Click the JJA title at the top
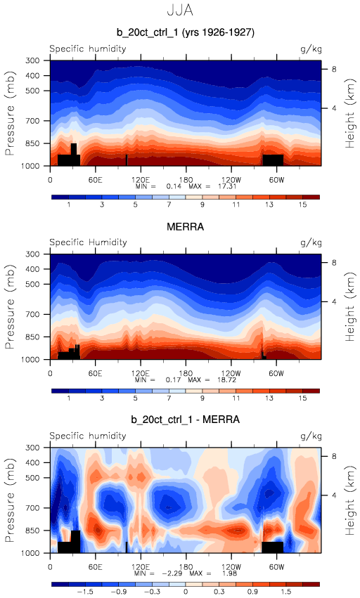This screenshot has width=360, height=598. click(x=180, y=10)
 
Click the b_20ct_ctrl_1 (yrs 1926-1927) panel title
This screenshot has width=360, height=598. click(x=186, y=32)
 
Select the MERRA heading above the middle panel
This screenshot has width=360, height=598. click(x=186, y=227)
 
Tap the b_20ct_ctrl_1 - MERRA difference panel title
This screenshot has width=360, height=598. click(x=186, y=420)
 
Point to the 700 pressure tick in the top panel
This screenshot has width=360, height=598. click(x=32, y=121)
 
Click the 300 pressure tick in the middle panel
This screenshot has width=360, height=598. click(x=32, y=254)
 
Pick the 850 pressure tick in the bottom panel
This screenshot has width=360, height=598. click(x=32, y=531)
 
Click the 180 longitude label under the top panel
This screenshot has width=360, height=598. click(x=186, y=180)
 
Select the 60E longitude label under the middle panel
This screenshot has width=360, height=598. click(x=95, y=373)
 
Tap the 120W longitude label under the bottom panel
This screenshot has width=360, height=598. click(x=231, y=566)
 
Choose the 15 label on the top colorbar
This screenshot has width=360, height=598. click(x=303, y=204)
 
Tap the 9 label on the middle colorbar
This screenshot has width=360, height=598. click(x=202, y=398)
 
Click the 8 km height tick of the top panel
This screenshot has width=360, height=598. click(x=334, y=70)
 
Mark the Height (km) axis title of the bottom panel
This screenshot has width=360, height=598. click(x=350, y=500)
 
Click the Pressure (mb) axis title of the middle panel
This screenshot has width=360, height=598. click(x=11, y=306)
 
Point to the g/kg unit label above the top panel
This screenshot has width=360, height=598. click(x=311, y=49)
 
